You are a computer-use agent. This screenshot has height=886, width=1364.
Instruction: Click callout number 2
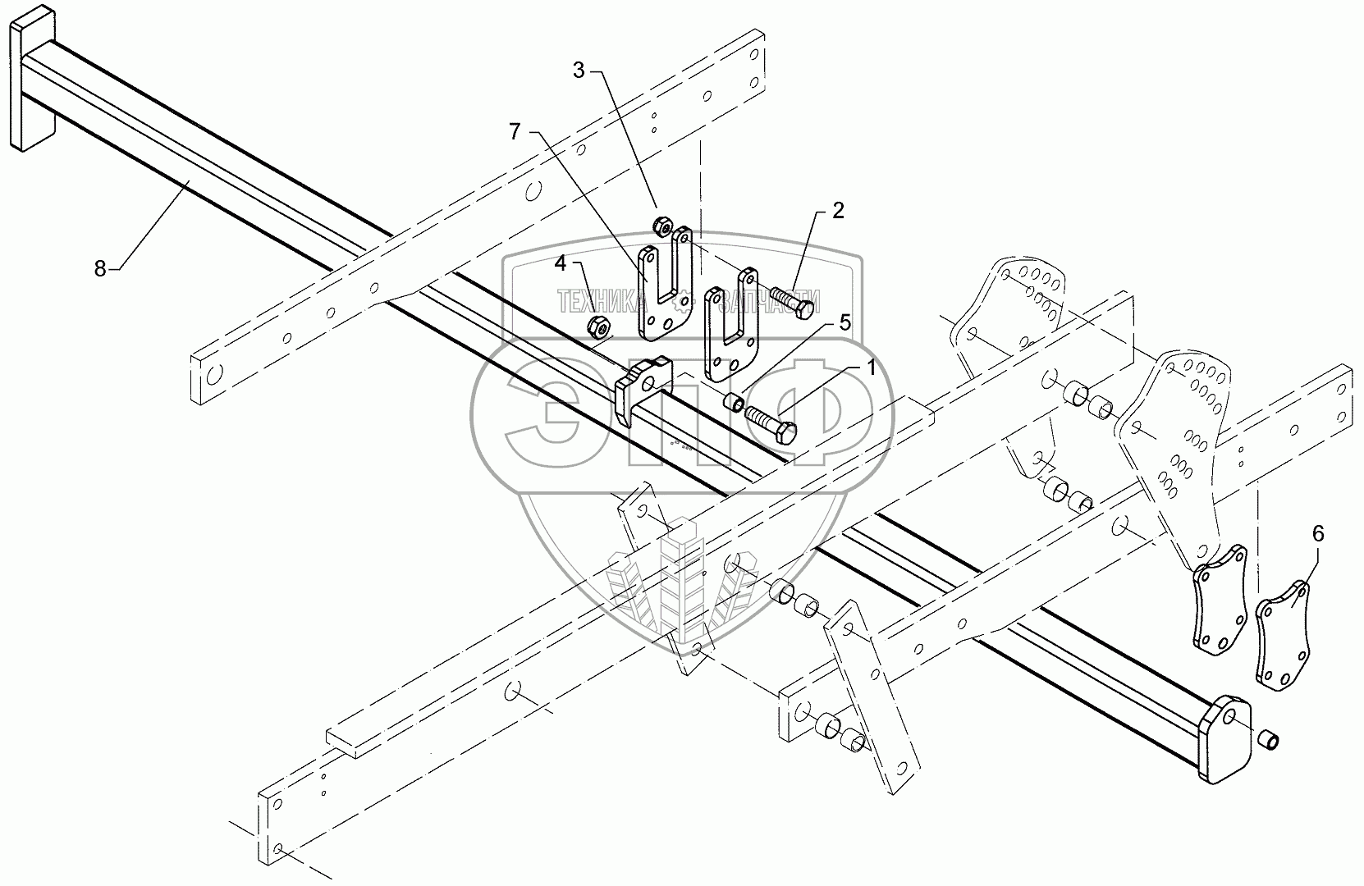837,211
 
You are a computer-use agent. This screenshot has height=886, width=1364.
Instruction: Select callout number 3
579,71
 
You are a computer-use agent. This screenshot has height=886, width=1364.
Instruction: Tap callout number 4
560,263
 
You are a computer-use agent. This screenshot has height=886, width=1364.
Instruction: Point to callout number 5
844,322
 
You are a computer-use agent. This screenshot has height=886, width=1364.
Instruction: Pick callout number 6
1317,534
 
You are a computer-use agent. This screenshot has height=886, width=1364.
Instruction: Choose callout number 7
515,131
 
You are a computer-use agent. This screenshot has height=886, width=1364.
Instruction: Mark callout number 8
100,268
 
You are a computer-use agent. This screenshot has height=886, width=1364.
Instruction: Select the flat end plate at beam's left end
31,79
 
